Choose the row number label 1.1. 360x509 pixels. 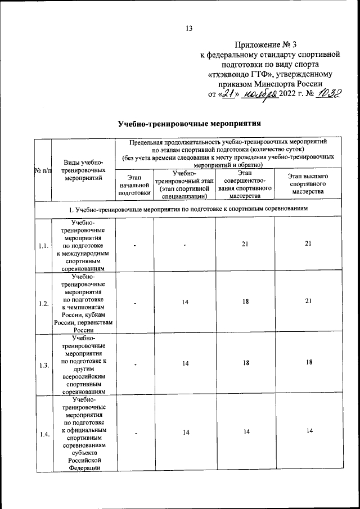pyautogui.click(x=43, y=245)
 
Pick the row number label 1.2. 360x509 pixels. pyautogui.click(x=43, y=303)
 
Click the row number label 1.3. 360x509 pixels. pyautogui.click(x=43, y=364)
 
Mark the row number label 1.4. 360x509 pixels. pyautogui.click(x=43, y=433)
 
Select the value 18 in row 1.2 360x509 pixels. pyautogui.click(x=245, y=303)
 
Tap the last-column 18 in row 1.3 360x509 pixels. pyautogui.click(x=308, y=363)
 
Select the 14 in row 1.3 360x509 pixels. pyautogui.click(x=184, y=364)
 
